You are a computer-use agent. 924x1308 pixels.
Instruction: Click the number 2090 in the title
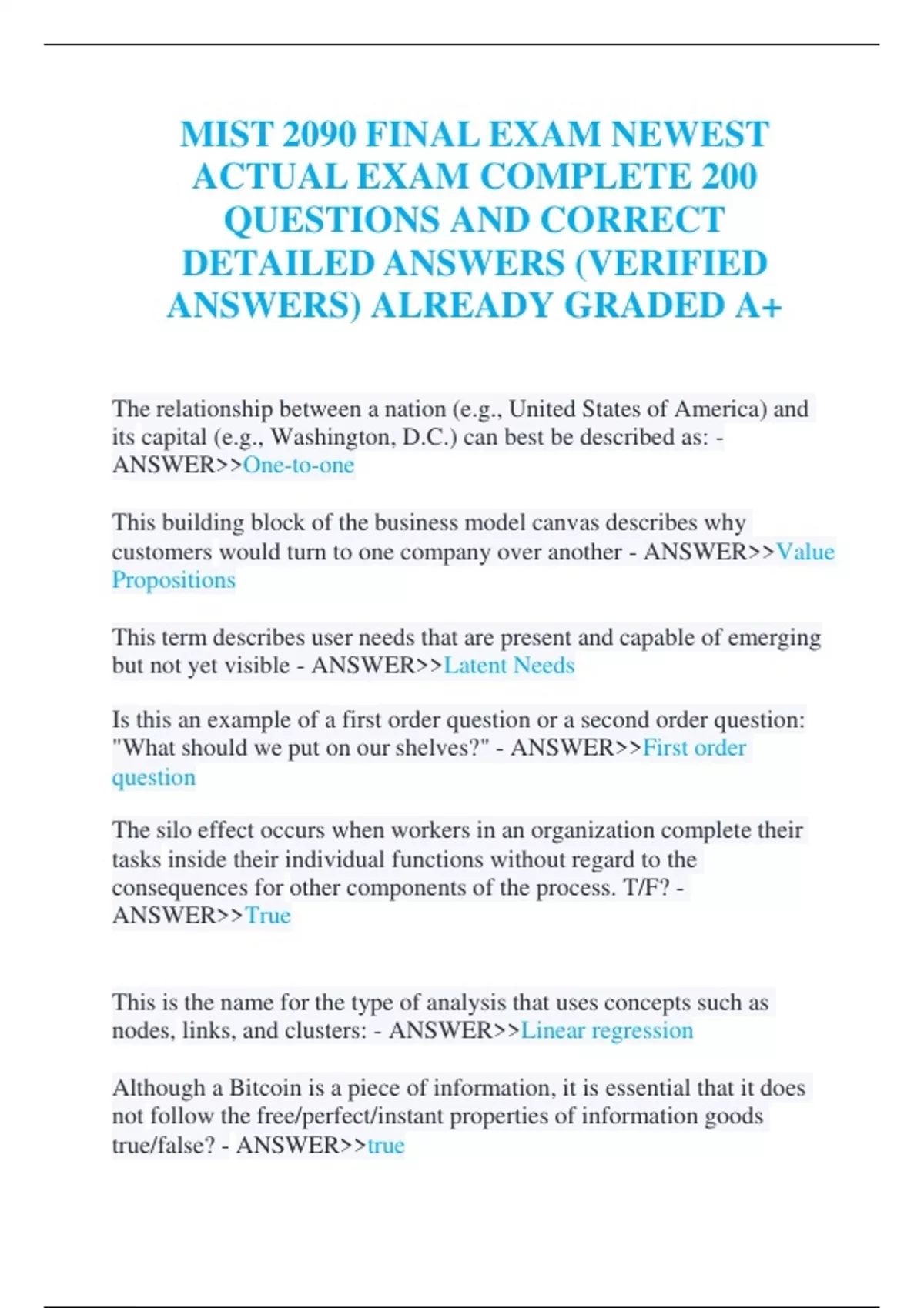coord(320,135)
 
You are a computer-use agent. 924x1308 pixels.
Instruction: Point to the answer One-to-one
coord(299,465)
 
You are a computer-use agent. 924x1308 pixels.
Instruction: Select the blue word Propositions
coord(173,580)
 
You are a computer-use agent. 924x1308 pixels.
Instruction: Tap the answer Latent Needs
coord(509,666)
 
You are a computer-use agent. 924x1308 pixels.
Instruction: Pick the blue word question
coord(153,777)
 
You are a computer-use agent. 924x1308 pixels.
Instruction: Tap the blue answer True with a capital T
coord(267,916)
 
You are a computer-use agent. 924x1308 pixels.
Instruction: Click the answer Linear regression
coord(607,1031)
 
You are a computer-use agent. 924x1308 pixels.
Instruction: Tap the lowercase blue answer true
coord(386,1146)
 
